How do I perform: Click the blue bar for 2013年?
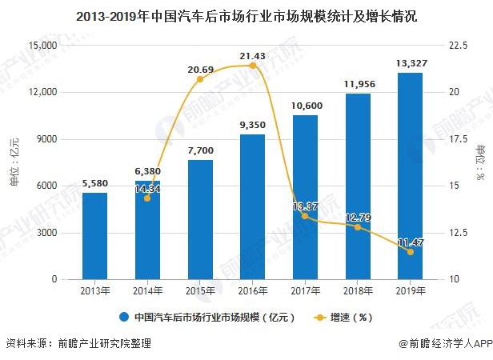(94, 236)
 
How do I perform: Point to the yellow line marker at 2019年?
(411, 252)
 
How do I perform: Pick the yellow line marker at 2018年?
(358, 227)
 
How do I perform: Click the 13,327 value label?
(410, 63)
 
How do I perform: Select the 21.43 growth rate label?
(252, 55)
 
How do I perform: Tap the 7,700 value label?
(200, 150)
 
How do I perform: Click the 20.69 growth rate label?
(200, 70)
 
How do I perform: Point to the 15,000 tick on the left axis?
(41, 46)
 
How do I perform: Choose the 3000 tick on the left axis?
(45, 233)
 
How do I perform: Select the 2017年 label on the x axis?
(305, 290)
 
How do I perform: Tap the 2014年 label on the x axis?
(147, 290)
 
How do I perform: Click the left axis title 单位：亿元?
(14, 162)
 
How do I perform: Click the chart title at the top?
(246, 15)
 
